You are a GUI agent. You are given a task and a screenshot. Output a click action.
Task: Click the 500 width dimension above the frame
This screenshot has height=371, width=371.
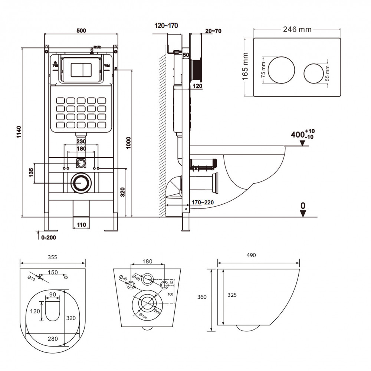[81, 30]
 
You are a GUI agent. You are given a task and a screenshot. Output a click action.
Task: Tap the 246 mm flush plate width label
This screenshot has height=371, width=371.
[297, 29]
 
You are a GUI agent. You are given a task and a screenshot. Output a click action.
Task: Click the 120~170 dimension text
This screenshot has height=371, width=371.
[167, 26]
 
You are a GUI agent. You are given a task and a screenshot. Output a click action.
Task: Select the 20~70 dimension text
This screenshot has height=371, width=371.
[213, 31]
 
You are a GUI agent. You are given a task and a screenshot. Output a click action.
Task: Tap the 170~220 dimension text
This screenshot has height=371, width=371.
[202, 203]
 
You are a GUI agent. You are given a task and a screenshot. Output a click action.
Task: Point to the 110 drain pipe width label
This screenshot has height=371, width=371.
[81, 224]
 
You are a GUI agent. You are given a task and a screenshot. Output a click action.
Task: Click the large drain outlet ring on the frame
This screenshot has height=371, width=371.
[81, 183]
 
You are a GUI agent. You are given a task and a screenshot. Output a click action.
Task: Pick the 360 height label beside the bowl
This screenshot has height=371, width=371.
[202, 297]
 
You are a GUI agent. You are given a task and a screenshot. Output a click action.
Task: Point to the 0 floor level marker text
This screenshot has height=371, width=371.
[303, 205]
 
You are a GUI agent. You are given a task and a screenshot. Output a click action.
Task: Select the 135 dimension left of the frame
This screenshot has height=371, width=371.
[31, 173]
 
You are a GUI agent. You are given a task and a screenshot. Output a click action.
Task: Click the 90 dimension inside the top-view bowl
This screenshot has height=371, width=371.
[52, 295]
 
